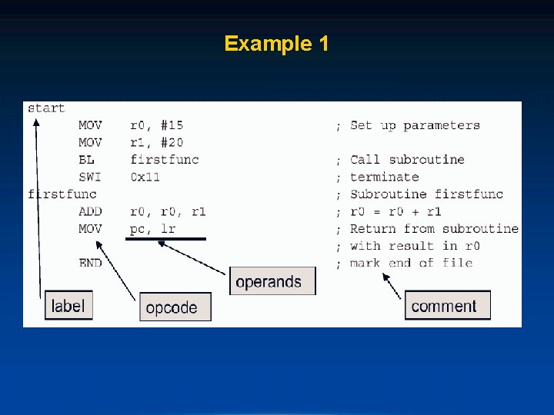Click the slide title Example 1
click(x=276, y=43)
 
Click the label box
click(x=68, y=305)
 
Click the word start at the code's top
click(x=46, y=108)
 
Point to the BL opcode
click(x=86, y=160)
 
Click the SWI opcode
click(x=89, y=177)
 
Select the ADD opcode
click(x=89, y=211)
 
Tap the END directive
click(x=89, y=263)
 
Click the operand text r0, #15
click(x=157, y=125)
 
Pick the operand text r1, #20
click(x=157, y=142)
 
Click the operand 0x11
click(x=145, y=177)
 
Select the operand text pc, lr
click(x=153, y=228)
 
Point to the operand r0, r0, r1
click(x=169, y=211)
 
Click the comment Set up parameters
click(x=415, y=125)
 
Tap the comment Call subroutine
click(x=407, y=160)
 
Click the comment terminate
click(x=384, y=177)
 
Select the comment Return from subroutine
click(x=434, y=228)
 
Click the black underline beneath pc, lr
click(x=165, y=239)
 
